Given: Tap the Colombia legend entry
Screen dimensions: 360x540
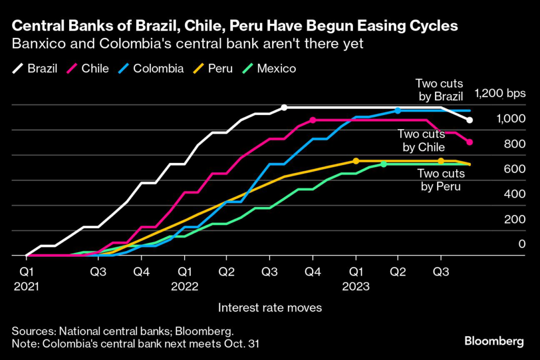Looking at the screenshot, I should [150, 69].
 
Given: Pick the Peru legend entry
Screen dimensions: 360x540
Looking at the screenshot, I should [213, 69].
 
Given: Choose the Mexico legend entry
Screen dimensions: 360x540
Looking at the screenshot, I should [269, 69].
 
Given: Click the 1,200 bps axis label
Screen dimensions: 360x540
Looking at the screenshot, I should [500, 94].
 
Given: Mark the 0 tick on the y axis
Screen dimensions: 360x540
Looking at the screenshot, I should [522, 244].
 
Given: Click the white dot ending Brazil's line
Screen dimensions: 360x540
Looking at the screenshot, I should [470, 120].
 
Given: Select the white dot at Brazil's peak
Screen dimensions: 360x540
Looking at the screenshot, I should [284, 108].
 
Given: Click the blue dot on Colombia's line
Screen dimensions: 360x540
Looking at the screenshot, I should [398, 111].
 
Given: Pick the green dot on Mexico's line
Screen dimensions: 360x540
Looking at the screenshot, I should [383, 164].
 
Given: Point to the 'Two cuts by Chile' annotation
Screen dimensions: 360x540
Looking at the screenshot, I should [421, 141].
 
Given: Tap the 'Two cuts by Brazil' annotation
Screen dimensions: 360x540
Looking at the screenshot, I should [439, 90].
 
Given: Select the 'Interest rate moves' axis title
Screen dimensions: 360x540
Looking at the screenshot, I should [270, 307].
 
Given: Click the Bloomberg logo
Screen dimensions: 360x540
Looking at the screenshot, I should [494, 342].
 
